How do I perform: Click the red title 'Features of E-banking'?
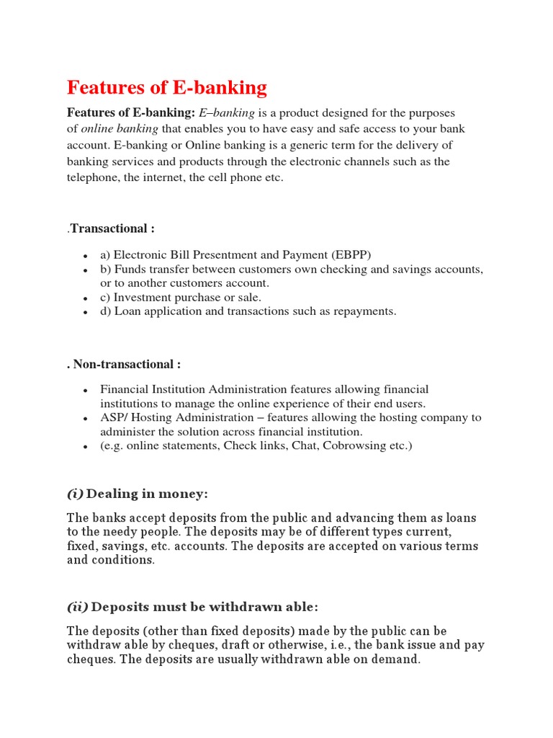point(166,88)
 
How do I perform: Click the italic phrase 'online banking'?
point(120,129)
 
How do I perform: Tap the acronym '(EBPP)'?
point(351,254)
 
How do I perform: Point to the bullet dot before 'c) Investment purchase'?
point(86,298)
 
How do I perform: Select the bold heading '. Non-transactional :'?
point(123,365)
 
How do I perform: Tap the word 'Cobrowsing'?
point(354,446)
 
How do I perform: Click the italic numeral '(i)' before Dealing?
point(75,494)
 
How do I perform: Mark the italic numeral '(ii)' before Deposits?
point(78,607)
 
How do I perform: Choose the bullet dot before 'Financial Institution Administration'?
point(86,390)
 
